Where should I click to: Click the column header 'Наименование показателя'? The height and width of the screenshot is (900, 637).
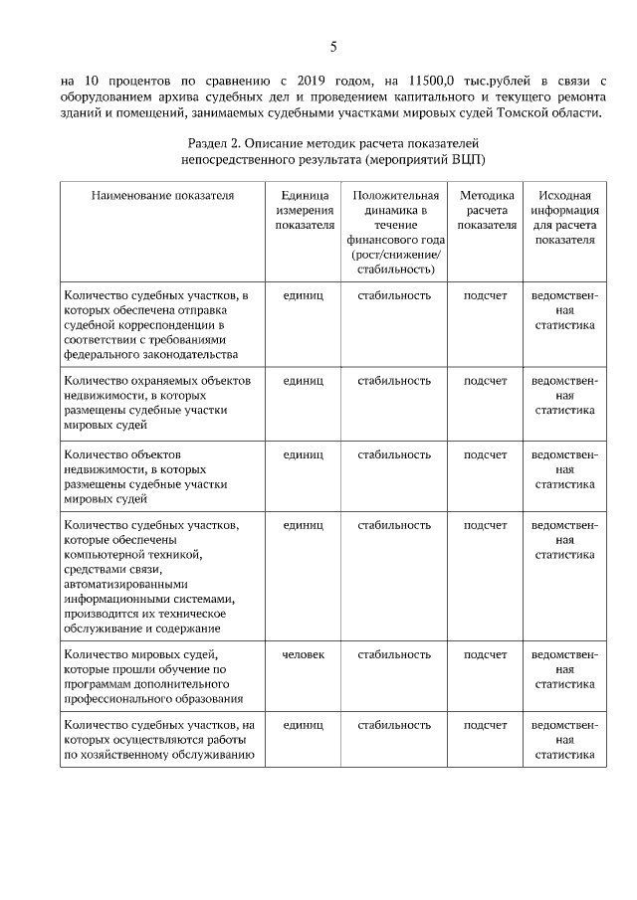(162, 196)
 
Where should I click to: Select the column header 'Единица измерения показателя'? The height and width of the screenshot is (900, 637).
(304, 210)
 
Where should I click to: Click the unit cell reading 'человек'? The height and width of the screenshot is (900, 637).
(304, 654)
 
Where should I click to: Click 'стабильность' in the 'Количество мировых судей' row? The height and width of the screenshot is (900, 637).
(394, 654)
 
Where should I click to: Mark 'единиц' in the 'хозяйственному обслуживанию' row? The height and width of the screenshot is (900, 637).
(304, 726)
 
